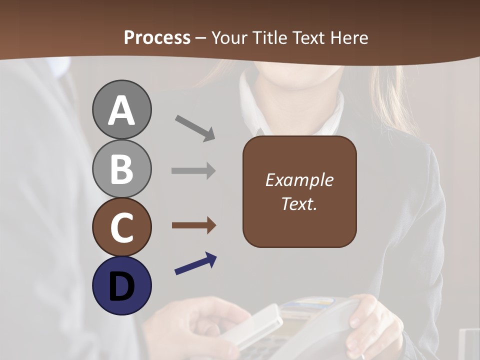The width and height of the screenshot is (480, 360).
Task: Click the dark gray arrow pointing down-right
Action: click(x=194, y=127)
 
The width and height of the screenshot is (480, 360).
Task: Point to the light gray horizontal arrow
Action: click(x=193, y=170)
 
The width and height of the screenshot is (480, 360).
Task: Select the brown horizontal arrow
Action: click(x=193, y=225)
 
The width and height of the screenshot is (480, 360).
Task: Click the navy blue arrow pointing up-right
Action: click(x=195, y=263)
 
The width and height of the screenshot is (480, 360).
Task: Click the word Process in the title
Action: click(x=157, y=37)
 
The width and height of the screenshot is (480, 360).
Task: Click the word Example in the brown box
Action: click(x=299, y=180)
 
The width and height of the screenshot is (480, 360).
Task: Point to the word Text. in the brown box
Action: click(x=299, y=203)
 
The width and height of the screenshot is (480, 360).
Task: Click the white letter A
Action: click(x=121, y=110)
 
